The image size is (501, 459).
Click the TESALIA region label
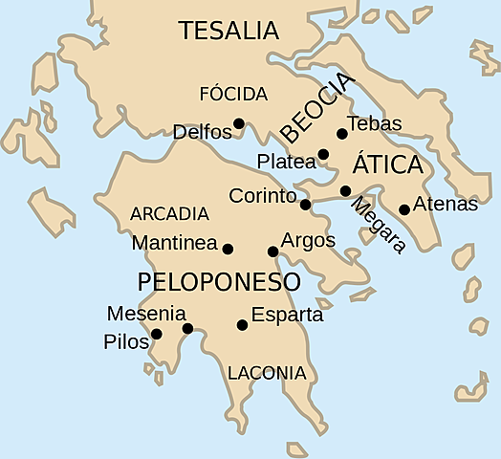point(229,31)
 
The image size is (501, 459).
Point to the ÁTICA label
point(388,164)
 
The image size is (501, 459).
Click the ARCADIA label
point(169,213)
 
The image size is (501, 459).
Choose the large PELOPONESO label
point(219,282)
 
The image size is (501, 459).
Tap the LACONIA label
point(267,373)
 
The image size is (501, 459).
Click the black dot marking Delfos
point(239,122)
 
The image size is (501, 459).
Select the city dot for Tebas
point(342,134)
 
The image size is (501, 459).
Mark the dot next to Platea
point(323,154)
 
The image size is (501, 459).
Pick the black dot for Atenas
point(404,209)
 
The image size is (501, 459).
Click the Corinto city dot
point(305,204)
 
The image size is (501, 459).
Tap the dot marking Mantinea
point(228,249)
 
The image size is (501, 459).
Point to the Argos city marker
point(272,251)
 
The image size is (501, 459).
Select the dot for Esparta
point(242,325)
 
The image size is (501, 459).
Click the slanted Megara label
point(378,226)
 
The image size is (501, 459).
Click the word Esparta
point(287,314)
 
